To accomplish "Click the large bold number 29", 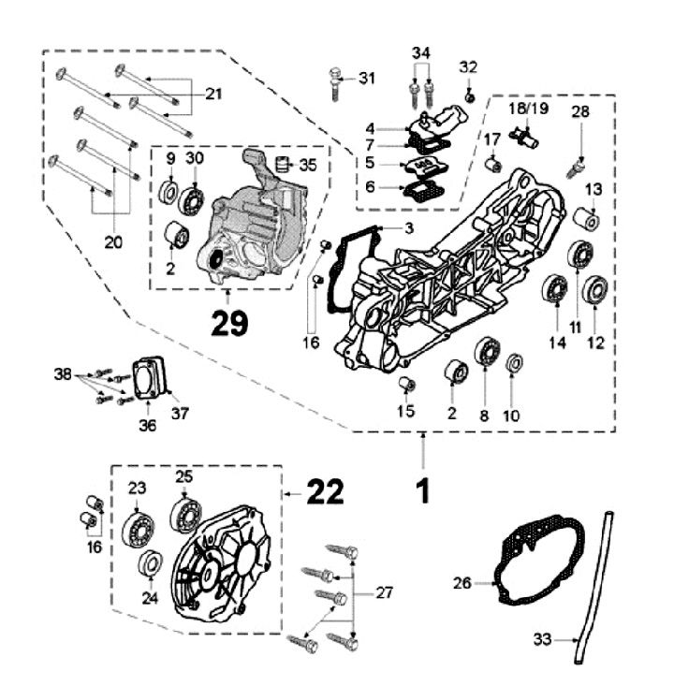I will tap(229, 323).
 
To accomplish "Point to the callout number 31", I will tap(366, 78).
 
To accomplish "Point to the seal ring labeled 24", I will tap(149, 564).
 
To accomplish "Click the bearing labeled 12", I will tap(595, 290).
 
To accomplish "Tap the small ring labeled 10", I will tap(514, 363).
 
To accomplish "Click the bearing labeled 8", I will tap(486, 352).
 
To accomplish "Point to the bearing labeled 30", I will tap(194, 199).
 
